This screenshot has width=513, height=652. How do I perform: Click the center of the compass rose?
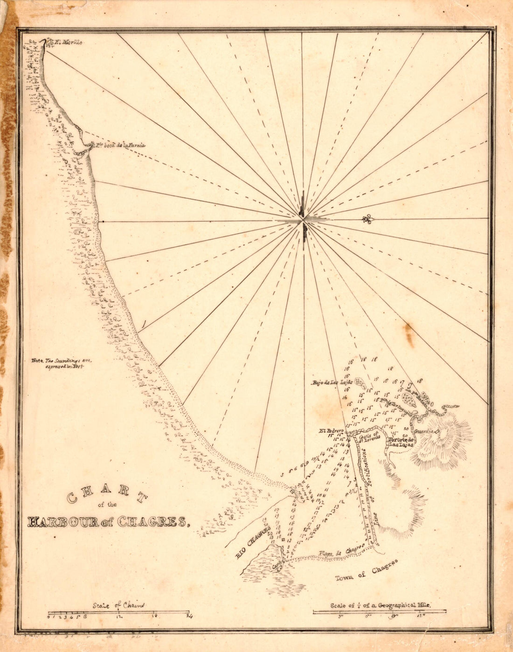tap(303, 219)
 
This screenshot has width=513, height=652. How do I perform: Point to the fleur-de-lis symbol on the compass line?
tap(368, 219)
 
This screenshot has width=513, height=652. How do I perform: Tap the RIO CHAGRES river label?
tap(253, 541)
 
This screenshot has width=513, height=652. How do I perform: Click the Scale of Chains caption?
tap(118, 605)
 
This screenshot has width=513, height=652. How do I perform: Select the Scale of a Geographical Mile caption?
tap(380, 605)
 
